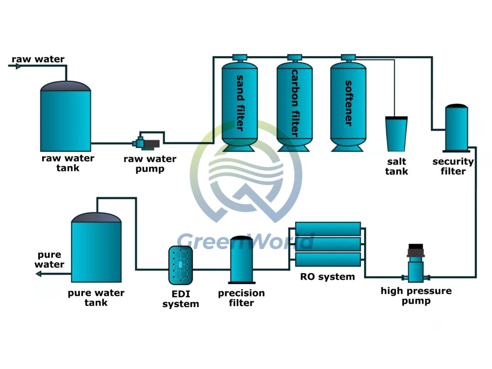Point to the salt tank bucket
pyautogui.click(x=396, y=134)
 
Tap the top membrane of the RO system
pyautogui.click(x=328, y=229)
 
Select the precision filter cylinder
pyautogui.click(x=243, y=260)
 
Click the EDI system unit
pyautogui.click(x=181, y=265)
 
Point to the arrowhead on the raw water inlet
pyautogui.click(x=18, y=66)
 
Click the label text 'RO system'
pyautogui.click(x=327, y=277)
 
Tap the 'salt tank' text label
pyautogui.click(x=396, y=167)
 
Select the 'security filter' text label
pyautogui.click(x=453, y=166)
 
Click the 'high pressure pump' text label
pyautogui.click(x=416, y=296)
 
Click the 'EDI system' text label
pyautogui.click(x=180, y=299)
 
